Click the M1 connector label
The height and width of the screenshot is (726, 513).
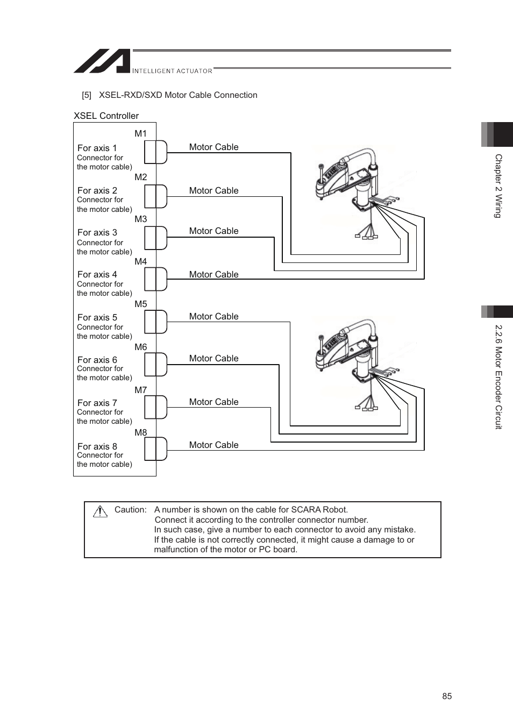140,134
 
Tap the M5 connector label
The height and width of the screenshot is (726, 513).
140,304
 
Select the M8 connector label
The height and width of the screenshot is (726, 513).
140,432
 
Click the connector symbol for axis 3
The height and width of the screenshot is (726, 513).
155,238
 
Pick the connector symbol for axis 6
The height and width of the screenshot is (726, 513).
155,365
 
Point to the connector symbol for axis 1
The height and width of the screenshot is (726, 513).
155,152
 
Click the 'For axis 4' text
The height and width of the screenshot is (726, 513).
97,274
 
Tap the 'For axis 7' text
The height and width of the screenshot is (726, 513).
97,403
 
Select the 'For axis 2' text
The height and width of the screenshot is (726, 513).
97,190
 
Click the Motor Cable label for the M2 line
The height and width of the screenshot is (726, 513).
213,190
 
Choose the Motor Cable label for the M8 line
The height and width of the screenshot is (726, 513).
213,445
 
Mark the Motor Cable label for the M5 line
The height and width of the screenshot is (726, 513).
213,316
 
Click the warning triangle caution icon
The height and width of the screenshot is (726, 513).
100,511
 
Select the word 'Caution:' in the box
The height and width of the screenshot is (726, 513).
130,510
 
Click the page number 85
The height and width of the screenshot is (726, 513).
447,696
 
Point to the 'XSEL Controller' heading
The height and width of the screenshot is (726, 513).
106,116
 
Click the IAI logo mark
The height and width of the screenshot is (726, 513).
102,61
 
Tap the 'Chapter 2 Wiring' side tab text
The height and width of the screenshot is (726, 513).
498,186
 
